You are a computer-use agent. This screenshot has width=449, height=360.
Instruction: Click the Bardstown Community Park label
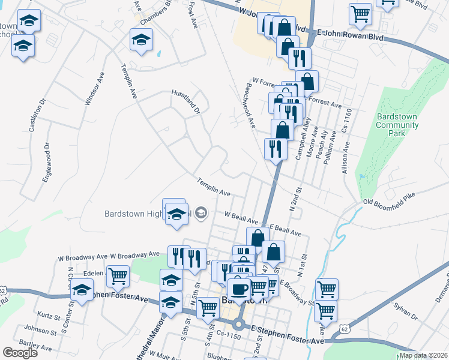point(397,125)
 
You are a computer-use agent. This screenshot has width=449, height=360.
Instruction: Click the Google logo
point(20,353)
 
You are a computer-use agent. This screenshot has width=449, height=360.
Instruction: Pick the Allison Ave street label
point(347,156)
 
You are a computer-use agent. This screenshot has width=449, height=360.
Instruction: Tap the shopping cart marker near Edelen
point(118,276)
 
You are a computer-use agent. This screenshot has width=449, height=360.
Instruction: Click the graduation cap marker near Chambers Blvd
point(142,41)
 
